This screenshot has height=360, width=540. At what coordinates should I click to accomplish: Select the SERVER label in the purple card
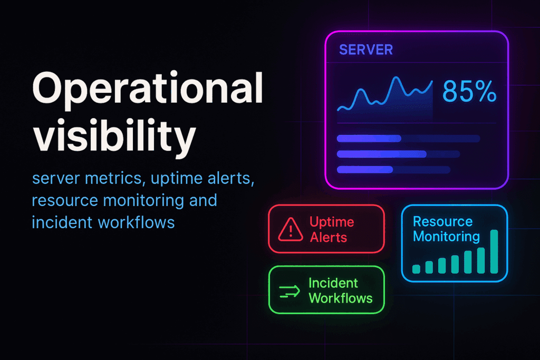pyautogui.click(x=366, y=50)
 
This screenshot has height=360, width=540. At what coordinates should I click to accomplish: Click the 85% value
pyautogui.click(x=469, y=92)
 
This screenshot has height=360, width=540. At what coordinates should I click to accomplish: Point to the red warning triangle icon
pyautogui.click(x=291, y=230)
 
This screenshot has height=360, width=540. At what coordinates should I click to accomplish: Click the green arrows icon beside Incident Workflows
pyautogui.click(x=290, y=291)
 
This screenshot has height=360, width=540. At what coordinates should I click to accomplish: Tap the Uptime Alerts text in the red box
pyautogui.click(x=332, y=230)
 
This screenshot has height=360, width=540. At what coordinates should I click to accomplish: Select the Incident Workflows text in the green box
pyautogui.click(x=340, y=290)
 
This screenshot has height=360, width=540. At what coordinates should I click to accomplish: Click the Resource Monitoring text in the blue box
pyautogui.click(x=446, y=229)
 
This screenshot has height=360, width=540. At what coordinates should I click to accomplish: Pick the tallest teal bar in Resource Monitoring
pyautogui.click(x=494, y=251)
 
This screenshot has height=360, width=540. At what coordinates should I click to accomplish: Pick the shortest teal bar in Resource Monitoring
pyautogui.click(x=417, y=269)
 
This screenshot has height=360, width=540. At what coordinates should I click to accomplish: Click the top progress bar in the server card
pyautogui.click(x=409, y=139)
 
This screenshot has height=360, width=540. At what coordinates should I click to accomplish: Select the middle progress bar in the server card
pyautogui.click(x=399, y=154)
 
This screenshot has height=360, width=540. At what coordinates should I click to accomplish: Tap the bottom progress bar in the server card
pyautogui.click(x=393, y=170)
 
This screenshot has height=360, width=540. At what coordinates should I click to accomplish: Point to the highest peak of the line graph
pyautogui.click(x=397, y=77)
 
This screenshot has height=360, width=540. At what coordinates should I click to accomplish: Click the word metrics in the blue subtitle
pyautogui.click(x=113, y=178)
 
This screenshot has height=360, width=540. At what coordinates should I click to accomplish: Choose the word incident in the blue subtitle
pyautogui.click(x=62, y=222)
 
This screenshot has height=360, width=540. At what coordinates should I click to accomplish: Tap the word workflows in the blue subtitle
pyautogui.click(x=137, y=222)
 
